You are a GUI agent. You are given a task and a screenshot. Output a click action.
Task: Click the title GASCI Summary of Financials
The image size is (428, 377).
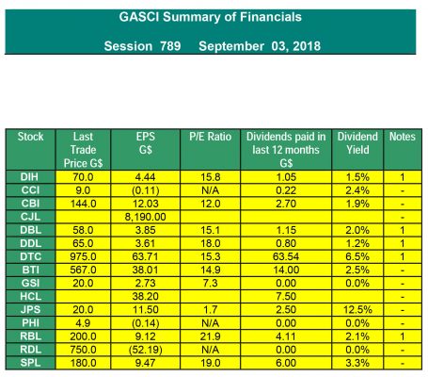pos(210,17)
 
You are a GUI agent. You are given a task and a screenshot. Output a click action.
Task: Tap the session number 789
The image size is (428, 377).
pos(170,46)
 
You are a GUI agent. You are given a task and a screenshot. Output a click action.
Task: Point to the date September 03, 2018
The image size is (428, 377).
pos(260,46)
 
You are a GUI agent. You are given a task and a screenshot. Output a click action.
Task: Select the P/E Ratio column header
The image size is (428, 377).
pos(210,137)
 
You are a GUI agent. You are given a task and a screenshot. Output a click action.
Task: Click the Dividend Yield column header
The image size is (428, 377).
pos(357,143)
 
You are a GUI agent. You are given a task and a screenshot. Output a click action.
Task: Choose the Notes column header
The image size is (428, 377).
pos(403,137)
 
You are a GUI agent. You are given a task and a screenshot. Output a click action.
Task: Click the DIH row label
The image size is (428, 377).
pos(29,177)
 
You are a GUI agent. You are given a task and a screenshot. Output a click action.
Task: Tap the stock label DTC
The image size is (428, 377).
pos(30,256)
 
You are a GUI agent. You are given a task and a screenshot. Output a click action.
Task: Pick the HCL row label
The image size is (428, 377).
pos(30,296)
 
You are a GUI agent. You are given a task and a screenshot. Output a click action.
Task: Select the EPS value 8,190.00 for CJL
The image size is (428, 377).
pos(145,217)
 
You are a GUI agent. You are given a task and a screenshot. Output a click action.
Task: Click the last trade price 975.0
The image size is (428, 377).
pos(83,256)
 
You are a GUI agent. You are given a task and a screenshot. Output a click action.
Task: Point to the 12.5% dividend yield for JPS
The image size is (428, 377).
pos(357,310)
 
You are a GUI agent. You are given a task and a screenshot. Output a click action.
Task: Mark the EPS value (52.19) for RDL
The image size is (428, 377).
pos(146,350)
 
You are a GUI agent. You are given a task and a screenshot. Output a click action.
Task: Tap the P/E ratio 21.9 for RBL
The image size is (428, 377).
pos(211,336)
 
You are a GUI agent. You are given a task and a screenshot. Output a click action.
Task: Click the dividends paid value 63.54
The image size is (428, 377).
pos(286,256)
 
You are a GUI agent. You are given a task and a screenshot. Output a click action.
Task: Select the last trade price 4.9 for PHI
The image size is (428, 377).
pos(83,323)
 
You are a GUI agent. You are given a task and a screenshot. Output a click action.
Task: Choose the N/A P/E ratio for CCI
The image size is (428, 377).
pos(211,190)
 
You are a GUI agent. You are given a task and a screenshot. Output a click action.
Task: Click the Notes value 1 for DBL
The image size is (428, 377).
pos(403,230)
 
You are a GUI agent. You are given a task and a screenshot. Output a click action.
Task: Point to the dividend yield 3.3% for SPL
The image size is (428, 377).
pos(357,363)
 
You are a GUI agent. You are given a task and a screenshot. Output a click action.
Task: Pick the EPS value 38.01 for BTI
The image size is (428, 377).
pos(145,270)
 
